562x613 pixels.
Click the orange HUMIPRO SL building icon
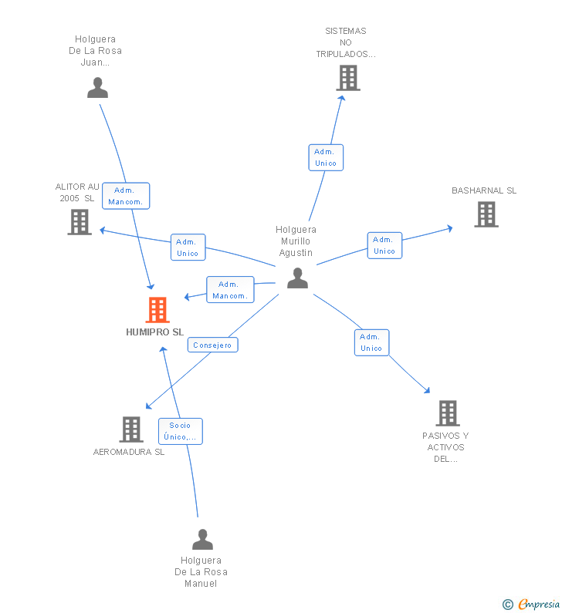coord(157,310)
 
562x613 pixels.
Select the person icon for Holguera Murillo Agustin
coord(297,278)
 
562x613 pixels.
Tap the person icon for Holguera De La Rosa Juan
coord(97,88)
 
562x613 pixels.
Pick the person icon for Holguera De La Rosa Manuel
coord(202,539)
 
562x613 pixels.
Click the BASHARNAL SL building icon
coord(486,214)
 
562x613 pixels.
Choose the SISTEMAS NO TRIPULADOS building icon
coord(348,78)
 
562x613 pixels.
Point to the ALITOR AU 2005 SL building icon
coord(80,222)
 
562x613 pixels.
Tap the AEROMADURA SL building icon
coord(131,429)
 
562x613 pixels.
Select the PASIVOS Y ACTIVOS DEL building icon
coord(448,413)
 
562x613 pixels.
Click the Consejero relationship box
coord(212,345)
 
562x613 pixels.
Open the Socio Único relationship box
coord(181,431)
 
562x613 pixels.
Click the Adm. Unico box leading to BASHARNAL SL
coord(384,245)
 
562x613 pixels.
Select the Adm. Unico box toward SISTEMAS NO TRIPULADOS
coord(326,157)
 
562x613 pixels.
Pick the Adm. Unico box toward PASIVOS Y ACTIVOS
coord(371,342)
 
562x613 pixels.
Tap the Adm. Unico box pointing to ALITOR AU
coord(188,247)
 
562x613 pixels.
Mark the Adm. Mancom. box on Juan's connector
coord(126,196)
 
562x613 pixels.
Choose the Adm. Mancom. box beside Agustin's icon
coord(230,290)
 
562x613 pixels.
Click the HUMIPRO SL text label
coord(154,332)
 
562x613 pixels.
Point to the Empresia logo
coord(531,604)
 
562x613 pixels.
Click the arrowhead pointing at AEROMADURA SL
coord(148,406)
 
